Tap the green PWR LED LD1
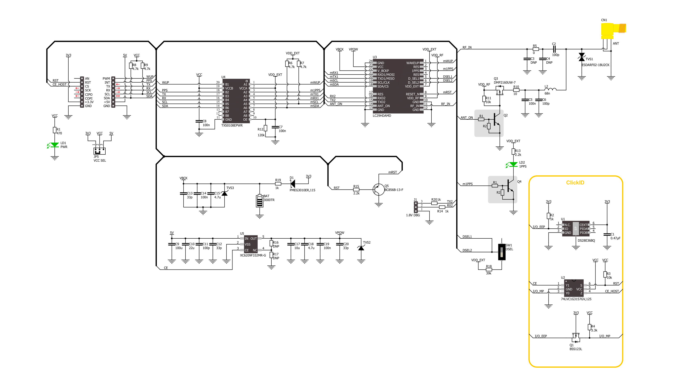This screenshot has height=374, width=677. [x=55, y=145]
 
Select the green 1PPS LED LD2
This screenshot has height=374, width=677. [x=513, y=165]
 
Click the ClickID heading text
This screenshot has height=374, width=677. [x=575, y=183]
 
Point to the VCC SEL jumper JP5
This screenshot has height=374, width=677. [x=99, y=151]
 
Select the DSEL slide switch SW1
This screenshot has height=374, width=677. [x=502, y=252]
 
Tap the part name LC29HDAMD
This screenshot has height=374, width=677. [x=382, y=116]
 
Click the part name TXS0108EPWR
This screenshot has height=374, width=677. [x=232, y=126]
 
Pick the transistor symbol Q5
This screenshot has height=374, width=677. [x=378, y=189]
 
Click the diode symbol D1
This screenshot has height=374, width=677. [x=292, y=184]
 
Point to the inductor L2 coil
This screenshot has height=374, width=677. [x=550, y=89]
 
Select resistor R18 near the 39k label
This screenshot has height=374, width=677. [x=489, y=270]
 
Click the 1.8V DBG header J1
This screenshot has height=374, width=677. [x=415, y=207]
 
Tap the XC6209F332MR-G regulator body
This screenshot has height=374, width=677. [x=251, y=244]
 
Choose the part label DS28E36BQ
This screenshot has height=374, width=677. [x=586, y=241]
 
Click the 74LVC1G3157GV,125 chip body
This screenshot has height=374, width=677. [x=574, y=288]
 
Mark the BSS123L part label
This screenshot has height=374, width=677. [x=576, y=349]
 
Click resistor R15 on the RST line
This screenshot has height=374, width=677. [x=356, y=189]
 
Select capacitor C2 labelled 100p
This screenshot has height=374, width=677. [x=554, y=49]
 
